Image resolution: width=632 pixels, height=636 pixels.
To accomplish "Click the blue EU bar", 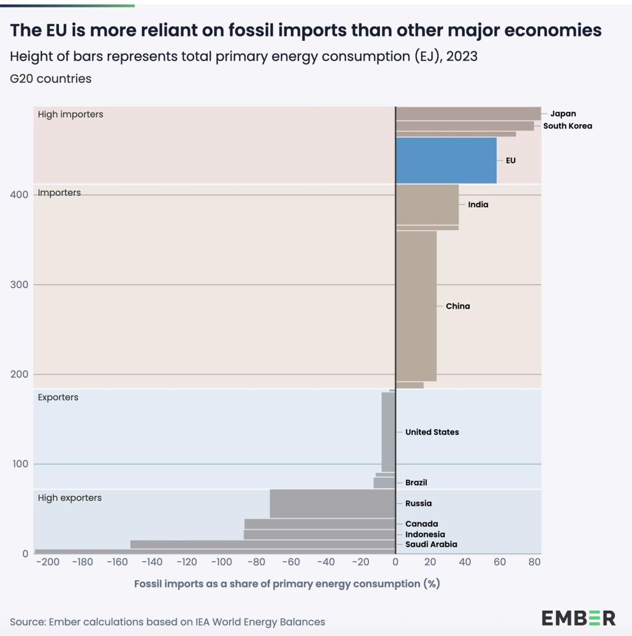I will tap(446, 160).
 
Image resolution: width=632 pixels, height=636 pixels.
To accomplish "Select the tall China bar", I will tap(416, 306).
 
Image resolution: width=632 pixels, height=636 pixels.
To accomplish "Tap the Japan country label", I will tap(563, 114).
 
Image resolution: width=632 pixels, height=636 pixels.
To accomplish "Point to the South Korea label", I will tap(567, 126).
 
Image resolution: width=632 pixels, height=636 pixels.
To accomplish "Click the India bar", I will tap(427, 205).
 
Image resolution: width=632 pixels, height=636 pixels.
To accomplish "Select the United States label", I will tap(432, 432).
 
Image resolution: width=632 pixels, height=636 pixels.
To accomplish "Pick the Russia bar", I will tap(332, 503).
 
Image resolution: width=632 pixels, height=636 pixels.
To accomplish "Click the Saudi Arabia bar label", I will tap(431, 544).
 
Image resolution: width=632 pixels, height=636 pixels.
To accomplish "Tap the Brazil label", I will tap(416, 482).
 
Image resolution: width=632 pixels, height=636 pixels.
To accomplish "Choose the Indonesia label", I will tap(425, 534).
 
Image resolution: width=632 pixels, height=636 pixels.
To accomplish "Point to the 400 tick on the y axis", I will tap(19, 195).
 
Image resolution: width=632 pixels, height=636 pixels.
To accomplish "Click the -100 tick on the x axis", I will tap(221, 562).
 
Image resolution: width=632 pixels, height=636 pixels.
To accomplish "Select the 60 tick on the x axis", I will tap(499, 562).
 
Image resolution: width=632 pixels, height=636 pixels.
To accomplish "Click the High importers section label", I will tap(70, 114).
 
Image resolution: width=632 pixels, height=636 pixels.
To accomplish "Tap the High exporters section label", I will tap(70, 498).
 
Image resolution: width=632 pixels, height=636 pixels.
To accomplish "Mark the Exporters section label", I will tap(58, 397).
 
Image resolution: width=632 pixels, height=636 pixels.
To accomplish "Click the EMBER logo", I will tap(578, 618).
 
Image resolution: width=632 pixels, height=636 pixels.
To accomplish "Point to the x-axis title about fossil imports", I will tap(287, 584).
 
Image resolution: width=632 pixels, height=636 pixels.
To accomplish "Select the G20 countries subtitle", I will tap(51, 79).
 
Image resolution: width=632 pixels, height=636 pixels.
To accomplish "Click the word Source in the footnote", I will tap(27, 622).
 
